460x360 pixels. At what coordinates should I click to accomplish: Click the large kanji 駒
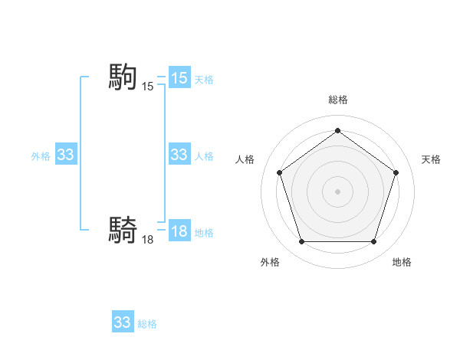point(123,77)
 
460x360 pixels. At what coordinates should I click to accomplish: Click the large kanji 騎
point(123,229)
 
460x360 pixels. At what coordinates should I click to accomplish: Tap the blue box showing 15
point(179,78)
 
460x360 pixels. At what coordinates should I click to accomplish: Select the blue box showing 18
point(179,232)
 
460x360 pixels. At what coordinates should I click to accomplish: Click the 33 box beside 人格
point(179,155)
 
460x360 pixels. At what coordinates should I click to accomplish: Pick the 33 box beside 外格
point(66,155)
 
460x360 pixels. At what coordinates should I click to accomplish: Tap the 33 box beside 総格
point(123,322)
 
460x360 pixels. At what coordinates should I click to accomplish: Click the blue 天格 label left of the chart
point(204,80)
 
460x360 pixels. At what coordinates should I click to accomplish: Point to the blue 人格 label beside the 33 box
point(204,156)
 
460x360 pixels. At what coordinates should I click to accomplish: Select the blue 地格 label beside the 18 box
point(204,233)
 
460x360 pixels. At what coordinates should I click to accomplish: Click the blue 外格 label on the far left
point(41,156)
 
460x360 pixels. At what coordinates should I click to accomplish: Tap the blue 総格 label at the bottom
point(147,324)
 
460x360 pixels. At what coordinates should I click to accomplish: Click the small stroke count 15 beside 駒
point(148,87)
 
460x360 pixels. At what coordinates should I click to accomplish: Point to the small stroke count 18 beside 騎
point(148,240)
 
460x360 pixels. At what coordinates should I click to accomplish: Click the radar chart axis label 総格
point(337,100)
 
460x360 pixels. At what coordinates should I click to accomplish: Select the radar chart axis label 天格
point(431,159)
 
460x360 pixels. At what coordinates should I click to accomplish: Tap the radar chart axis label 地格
point(402,262)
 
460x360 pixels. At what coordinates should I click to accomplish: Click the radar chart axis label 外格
point(270,262)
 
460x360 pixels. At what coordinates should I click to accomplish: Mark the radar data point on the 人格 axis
point(279,172)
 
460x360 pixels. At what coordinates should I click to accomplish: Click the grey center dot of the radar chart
point(337,191)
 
